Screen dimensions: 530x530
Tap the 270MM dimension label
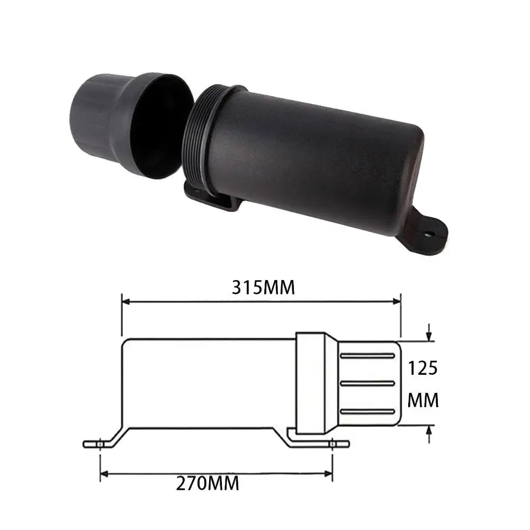[x=208, y=483]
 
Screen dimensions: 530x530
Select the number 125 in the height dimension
[x=423, y=367]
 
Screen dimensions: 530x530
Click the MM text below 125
[x=423, y=400]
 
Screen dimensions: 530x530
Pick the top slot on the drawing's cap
[x=367, y=355]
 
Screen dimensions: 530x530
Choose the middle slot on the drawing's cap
[x=367, y=383]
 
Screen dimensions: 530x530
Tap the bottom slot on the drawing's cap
[x=367, y=411]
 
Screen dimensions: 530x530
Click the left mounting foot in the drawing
[x=101, y=444]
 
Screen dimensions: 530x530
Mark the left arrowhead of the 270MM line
[x=104, y=473]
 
